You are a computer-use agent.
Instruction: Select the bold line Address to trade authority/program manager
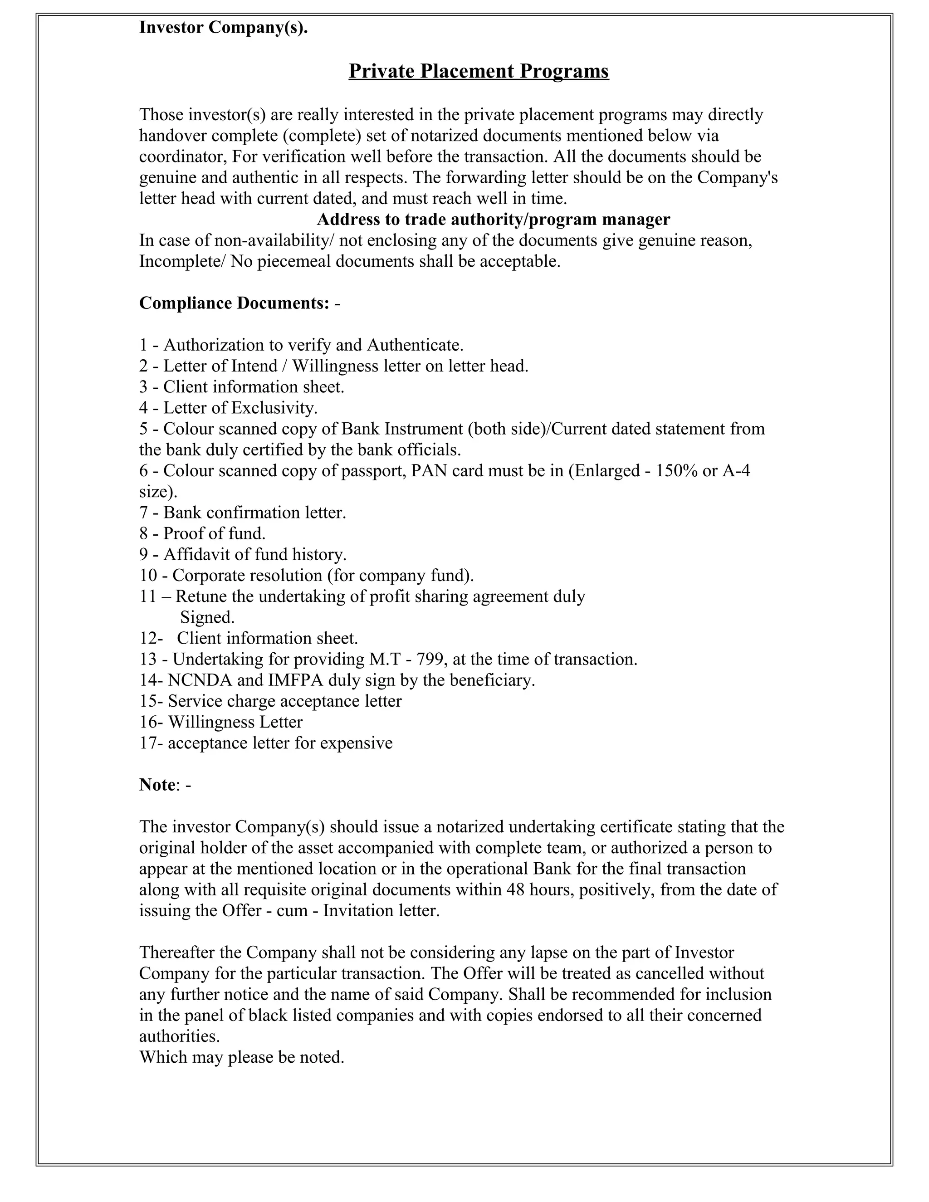pyautogui.click(x=493, y=220)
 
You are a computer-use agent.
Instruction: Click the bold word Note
pyautogui.click(x=157, y=784)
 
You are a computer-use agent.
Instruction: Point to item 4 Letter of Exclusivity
pyautogui.click(x=229, y=408)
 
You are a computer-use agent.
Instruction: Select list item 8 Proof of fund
pyautogui.click(x=202, y=533)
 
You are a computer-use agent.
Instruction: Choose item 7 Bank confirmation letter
pyautogui.click(x=243, y=513)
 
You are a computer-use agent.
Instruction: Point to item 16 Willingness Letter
pyautogui.click(x=221, y=722)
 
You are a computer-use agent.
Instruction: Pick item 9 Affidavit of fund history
pyautogui.click(x=243, y=554)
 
